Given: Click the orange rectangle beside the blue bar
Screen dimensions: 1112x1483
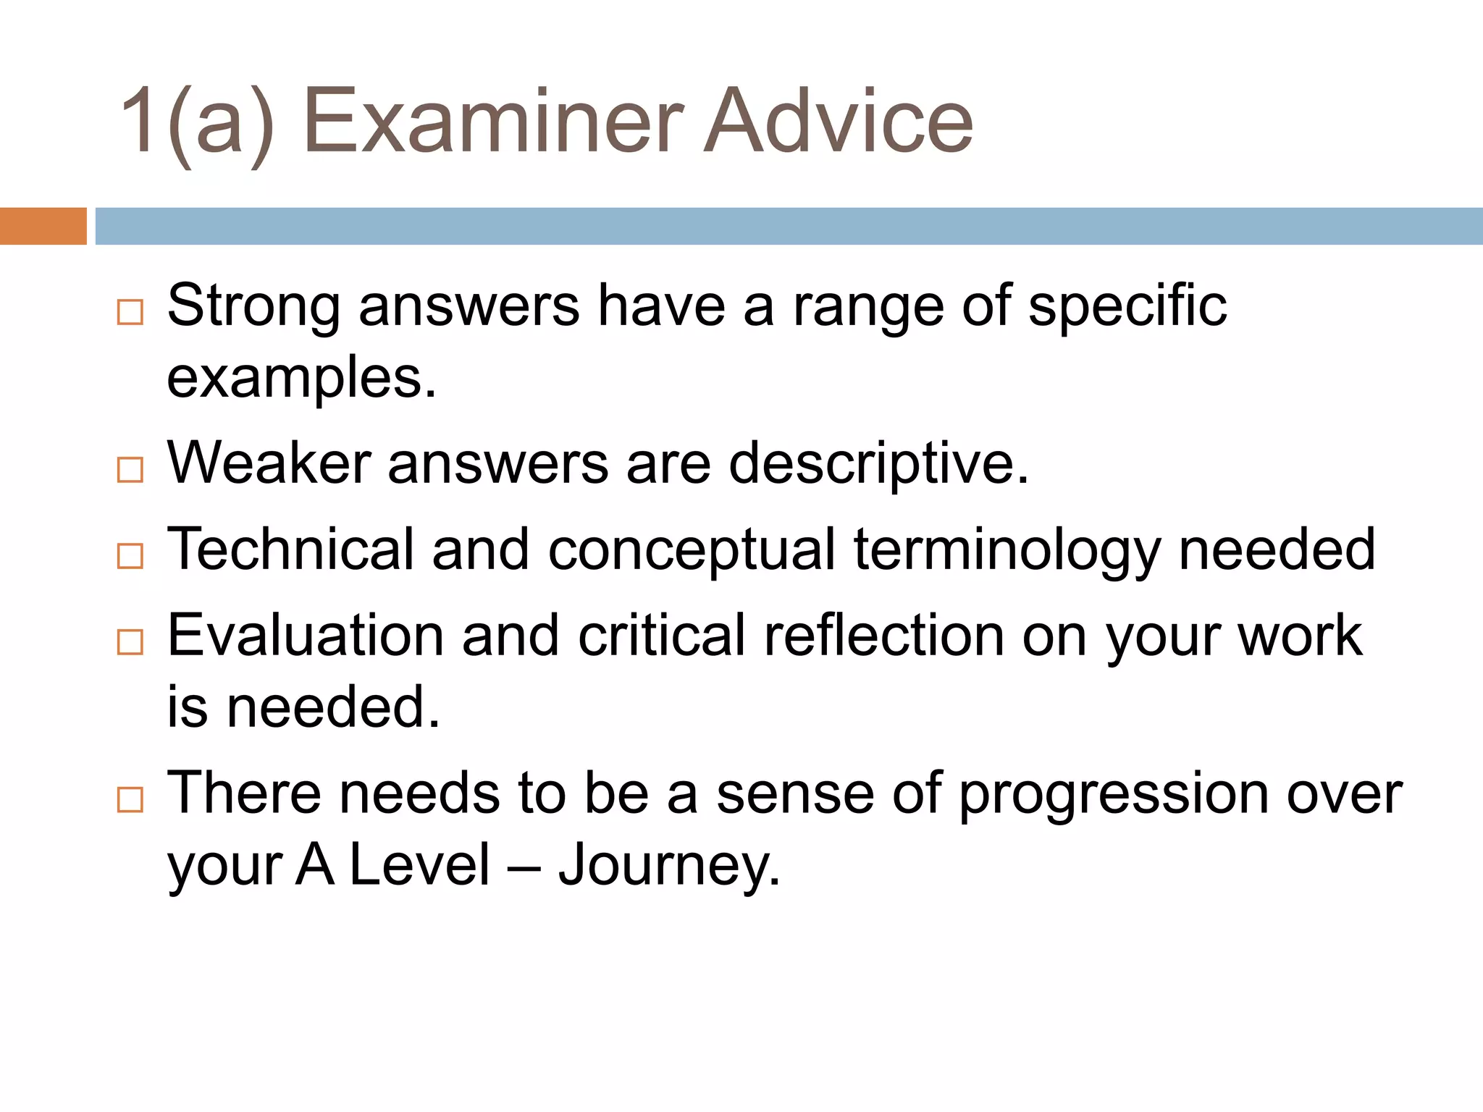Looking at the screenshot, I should coord(43,226).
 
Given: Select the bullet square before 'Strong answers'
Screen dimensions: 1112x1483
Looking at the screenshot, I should coord(130,313).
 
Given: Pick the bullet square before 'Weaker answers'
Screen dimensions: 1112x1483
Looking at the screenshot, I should coord(130,470).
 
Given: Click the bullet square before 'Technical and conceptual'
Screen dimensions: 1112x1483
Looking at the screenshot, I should coord(130,556).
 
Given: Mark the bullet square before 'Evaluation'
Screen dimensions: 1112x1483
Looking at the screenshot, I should coord(130,642).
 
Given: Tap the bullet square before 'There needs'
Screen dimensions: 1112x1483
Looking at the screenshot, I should coord(130,800).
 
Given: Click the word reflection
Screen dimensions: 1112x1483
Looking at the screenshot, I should coord(883,636).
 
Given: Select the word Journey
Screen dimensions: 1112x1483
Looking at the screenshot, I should coord(669,867).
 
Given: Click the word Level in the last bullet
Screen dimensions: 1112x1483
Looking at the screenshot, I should coord(420,865).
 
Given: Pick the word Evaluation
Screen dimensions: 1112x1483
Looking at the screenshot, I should coord(305,636).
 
